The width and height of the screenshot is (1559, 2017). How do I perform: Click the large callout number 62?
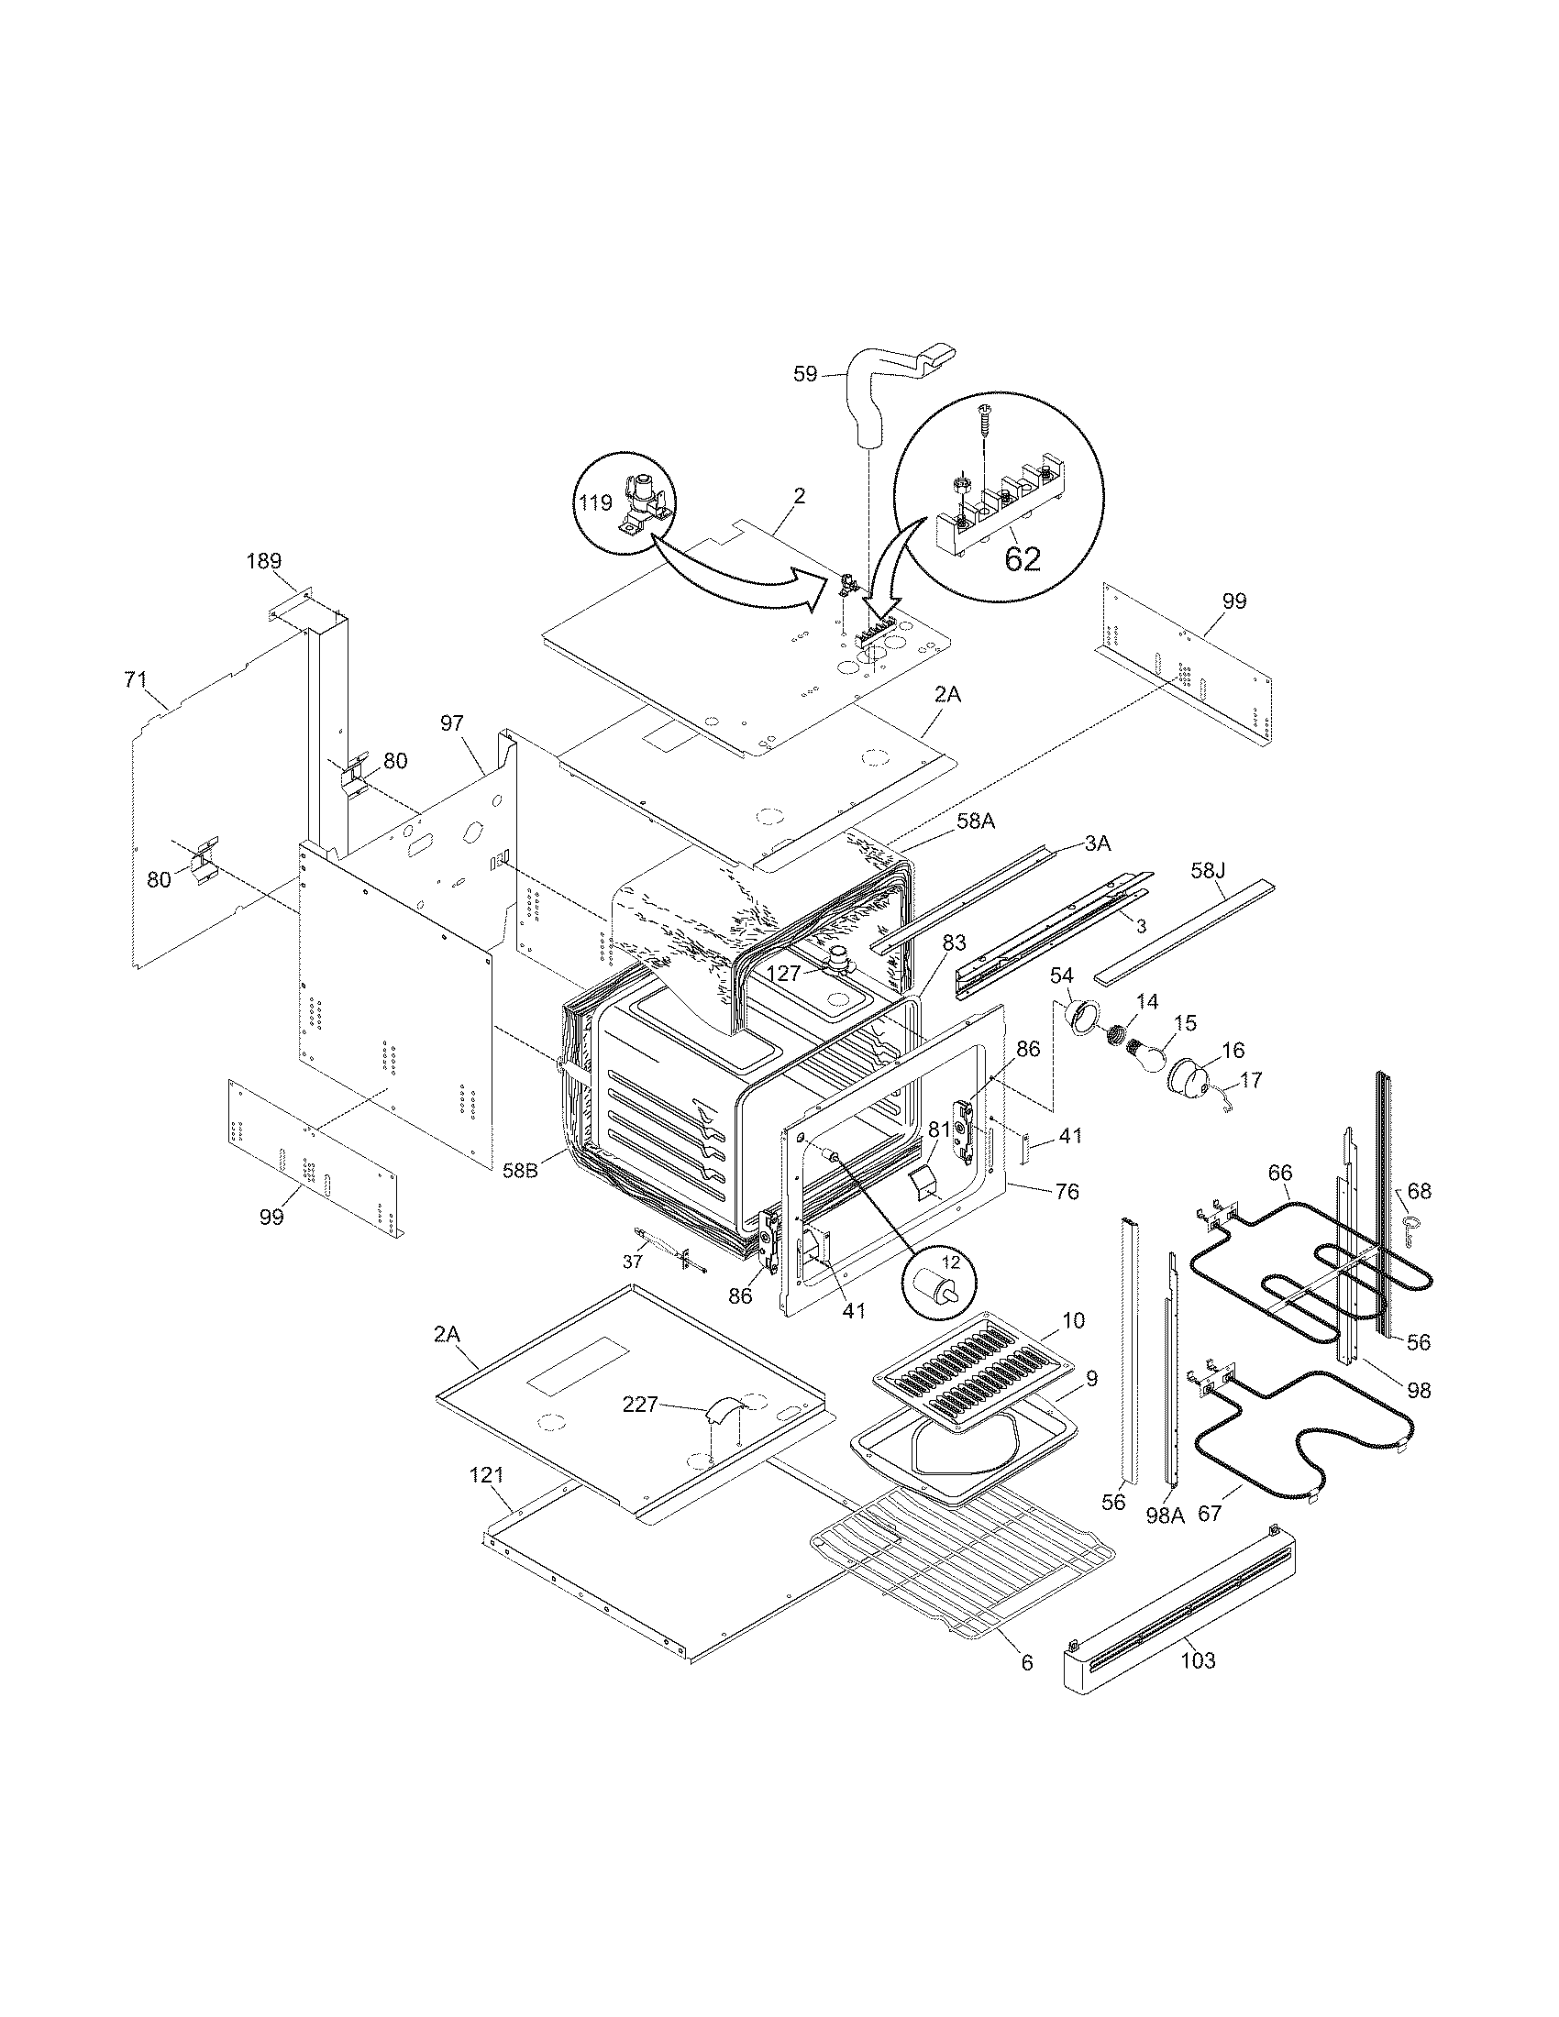[1022, 558]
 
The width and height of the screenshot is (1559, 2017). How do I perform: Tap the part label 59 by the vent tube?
[805, 374]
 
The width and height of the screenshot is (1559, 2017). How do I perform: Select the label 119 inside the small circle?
[596, 502]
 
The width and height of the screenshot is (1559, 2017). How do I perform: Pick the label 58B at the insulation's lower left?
[522, 1169]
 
